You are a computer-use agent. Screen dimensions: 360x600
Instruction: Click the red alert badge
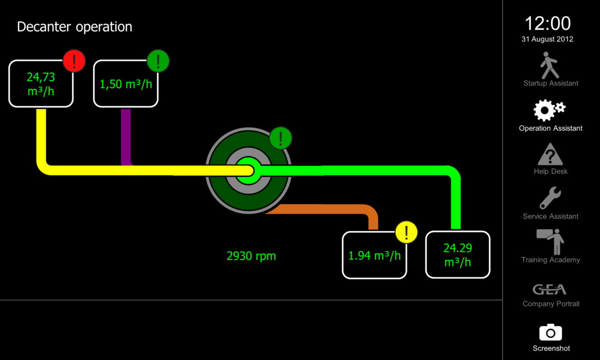[x=74, y=61]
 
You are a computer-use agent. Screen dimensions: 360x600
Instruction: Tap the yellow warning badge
[x=406, y=232]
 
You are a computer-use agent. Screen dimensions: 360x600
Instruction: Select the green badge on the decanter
[x=280, y=138]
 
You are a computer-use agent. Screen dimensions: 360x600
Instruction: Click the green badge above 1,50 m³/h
[x=158, y=61]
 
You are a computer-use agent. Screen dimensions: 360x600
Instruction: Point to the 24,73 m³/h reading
[x=41, y=83]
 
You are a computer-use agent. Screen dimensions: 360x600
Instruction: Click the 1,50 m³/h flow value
[x=126, y=84]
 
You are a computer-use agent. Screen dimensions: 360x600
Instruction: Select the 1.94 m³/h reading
[x=374, y=256]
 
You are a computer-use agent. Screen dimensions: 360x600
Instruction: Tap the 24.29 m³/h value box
[x=457, y=255]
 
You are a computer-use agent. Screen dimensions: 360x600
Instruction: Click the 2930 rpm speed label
[x=251, y=256]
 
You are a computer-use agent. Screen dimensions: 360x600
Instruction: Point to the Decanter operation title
[x=74, y=27]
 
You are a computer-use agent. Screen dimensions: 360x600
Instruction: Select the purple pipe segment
[x=126, y=135]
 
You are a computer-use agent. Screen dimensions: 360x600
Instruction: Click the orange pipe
[x=336, y=209]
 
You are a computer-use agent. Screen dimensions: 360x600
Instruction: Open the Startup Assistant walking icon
[x=550, y=65]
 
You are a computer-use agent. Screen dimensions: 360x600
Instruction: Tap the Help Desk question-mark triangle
[x=550, y=154]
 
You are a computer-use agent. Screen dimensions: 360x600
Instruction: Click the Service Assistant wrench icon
[x=550, y=199]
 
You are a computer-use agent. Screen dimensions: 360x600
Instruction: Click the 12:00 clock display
[x=548, y=24]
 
